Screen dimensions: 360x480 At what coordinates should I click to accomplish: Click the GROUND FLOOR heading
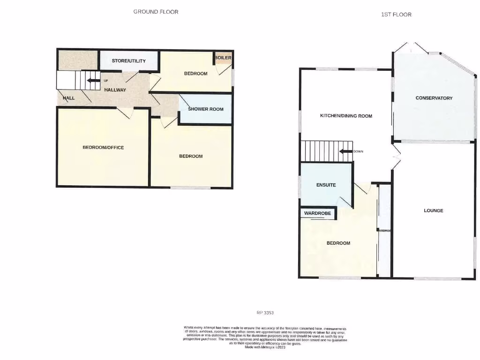coord(156,12)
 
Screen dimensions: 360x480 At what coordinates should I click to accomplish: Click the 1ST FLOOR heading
coord(396,15)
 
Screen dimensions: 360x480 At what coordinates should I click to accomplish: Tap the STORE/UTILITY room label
coord(128,61)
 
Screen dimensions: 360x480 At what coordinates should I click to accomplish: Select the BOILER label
coord(223,58)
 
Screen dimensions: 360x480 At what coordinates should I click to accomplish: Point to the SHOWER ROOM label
coord(206,109)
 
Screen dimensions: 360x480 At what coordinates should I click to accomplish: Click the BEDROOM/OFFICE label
coord(103,148)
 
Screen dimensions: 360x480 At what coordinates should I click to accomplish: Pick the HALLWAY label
coord(115,90)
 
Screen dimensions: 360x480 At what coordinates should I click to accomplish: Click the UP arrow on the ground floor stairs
coord(93,81)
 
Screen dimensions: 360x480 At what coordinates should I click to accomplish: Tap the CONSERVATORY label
coord(434,98)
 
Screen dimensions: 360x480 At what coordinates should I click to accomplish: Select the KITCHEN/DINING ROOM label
coord(346,116)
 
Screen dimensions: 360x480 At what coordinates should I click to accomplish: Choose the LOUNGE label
coord(434,210)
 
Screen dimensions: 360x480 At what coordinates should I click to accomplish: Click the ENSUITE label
coord(326,185)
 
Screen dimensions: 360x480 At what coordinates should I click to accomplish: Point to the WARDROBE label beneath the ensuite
coord(317,213)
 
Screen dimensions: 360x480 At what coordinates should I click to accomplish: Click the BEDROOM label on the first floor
coord(338,243)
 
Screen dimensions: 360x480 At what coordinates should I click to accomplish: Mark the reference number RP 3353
coord(265,313)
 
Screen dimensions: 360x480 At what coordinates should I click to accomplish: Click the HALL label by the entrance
coord(69,98)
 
